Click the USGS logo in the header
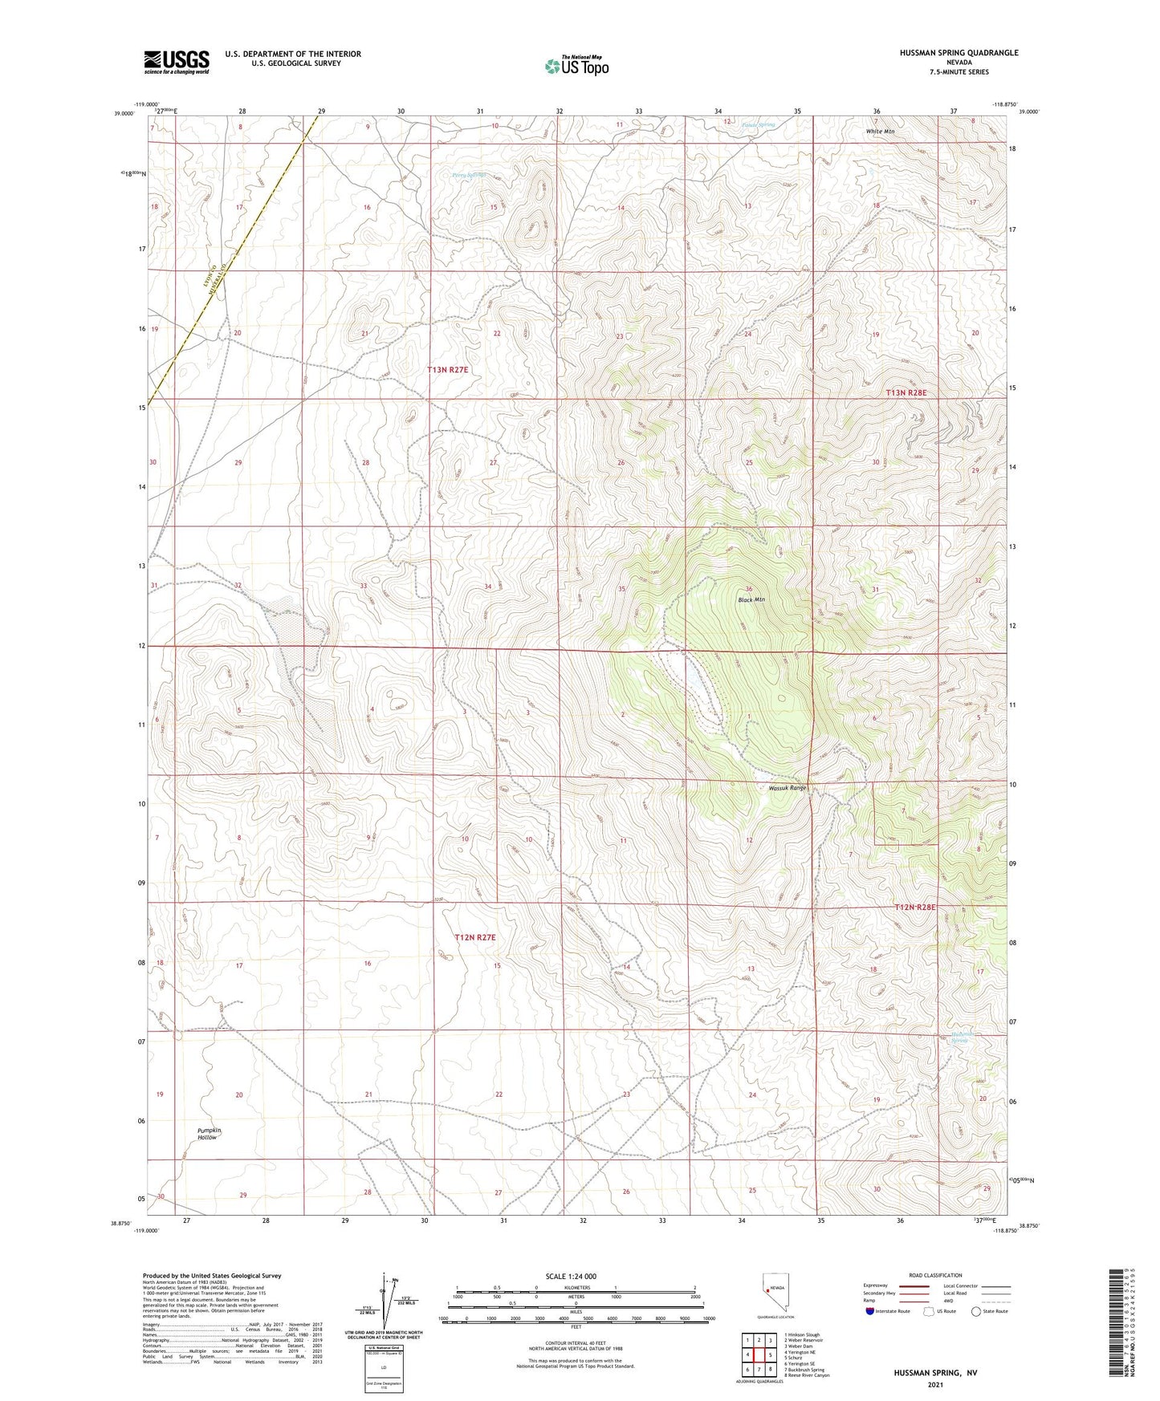(177, 61)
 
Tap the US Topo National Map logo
(576, 66)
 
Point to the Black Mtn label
(751, 599)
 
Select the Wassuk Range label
(786, 788)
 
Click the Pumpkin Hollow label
(209, 1133)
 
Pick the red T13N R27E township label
(447, 370)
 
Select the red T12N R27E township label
(475, 937)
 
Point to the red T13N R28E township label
(906, 393)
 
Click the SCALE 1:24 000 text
(570, 1276)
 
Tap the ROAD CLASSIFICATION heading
(935, 1275)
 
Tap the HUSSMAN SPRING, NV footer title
(935, 1373)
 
